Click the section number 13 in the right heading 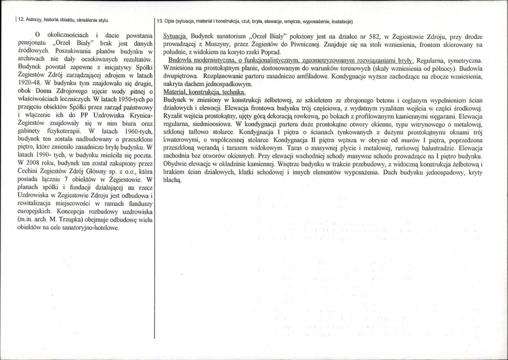coord(160,21)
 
